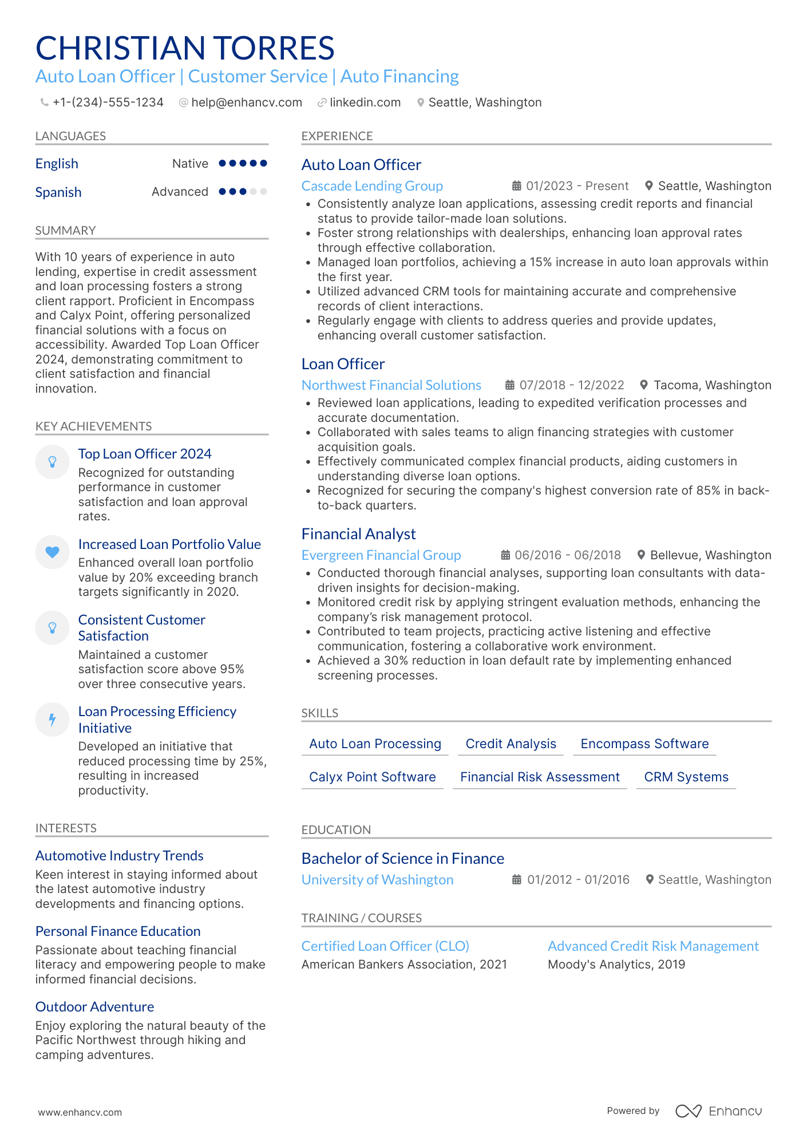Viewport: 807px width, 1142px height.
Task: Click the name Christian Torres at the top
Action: (x=185, y=48)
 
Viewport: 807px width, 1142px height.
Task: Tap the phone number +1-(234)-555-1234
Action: (x=108, y=102)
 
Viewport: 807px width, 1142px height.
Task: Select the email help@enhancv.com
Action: (x=246, y=102)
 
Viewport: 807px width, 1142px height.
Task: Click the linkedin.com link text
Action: (x=365, y=102)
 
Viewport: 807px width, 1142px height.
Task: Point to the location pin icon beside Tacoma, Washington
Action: (x=644, y=385)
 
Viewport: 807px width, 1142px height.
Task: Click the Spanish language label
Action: (x=58, y=192)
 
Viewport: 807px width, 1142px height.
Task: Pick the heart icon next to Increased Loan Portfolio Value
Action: (x=52, y=552)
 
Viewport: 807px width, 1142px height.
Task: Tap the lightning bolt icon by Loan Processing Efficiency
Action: (x=52, y=720)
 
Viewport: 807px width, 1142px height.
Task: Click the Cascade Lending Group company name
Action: (x=372, y=186)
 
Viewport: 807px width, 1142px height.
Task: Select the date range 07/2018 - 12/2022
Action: (x=571, y=385)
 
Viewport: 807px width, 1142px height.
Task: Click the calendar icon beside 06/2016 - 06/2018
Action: (x=505, y=555)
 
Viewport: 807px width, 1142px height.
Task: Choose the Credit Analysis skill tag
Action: (x=511, y=744)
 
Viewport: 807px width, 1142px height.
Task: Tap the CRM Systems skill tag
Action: (x=686, y=777)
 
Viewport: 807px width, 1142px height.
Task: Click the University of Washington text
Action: (x=377, y=880)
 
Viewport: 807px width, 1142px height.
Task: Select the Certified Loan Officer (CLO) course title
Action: (x=385, y=946)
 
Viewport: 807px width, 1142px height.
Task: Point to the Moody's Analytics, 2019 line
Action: (x=616, y=965)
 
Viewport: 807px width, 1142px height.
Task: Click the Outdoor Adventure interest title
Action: (x=94, y=1007)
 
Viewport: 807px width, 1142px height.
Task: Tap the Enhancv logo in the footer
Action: (x=718, y=1111)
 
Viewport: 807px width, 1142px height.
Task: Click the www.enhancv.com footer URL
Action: (x=80, y=1112)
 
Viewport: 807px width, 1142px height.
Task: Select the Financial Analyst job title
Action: (x=358, y=534)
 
